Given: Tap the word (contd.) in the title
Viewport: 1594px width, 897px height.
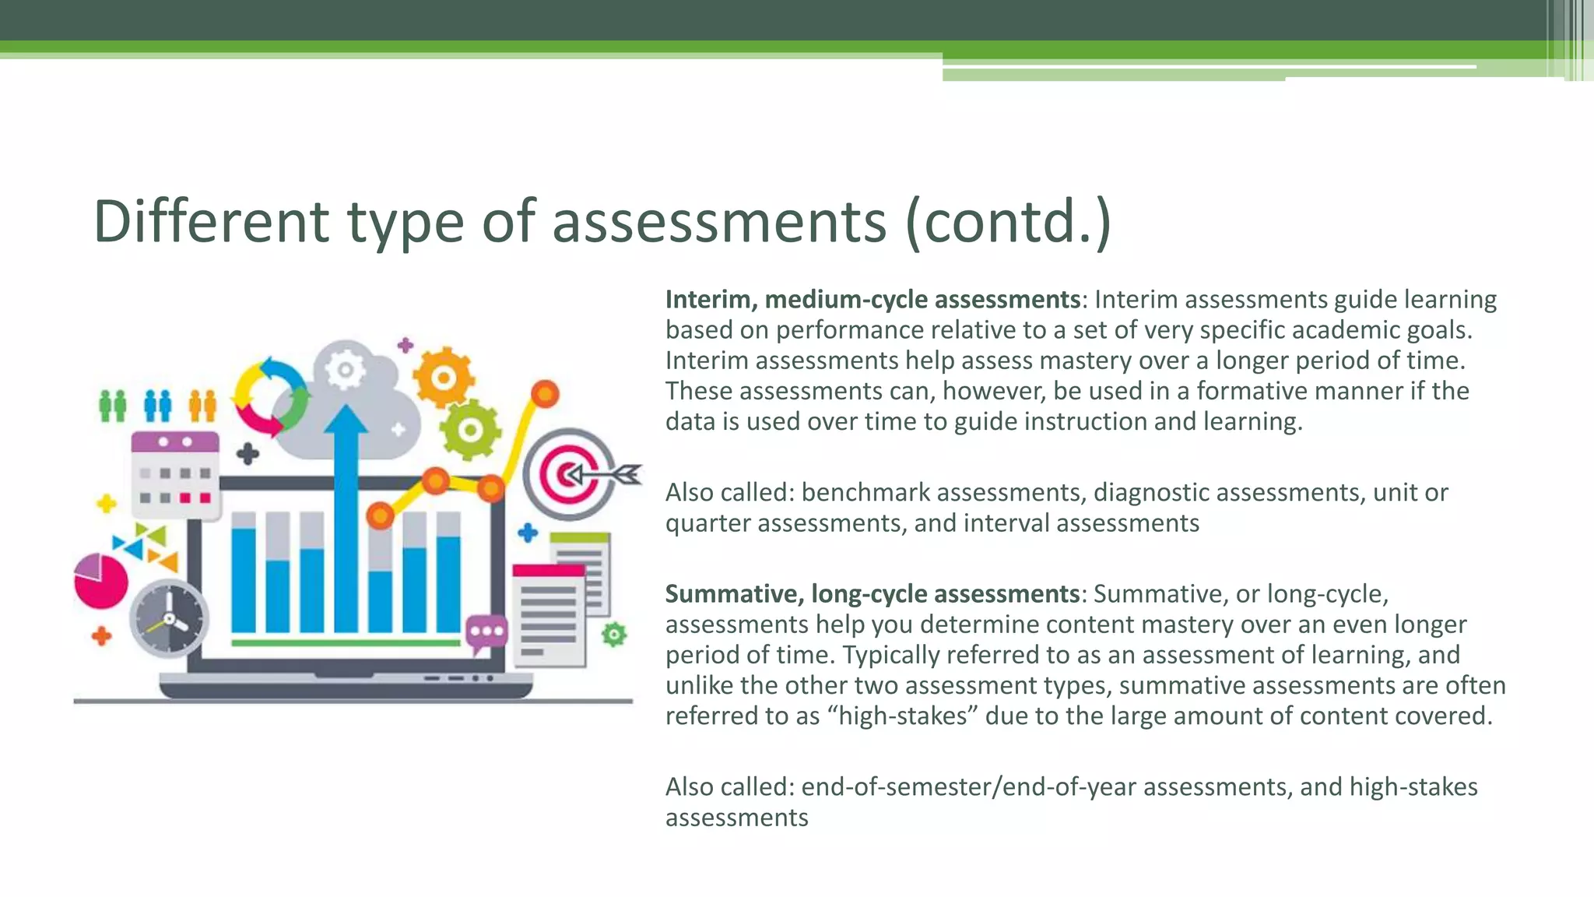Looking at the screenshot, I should point(1008,223).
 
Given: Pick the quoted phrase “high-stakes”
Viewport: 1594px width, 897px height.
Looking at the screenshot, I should point(902,716).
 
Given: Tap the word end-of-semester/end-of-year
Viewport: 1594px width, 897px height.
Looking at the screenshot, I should point(968,787).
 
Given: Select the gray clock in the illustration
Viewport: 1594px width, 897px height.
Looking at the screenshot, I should point(169,620).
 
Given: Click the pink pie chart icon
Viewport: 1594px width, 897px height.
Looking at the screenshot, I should point(100,581).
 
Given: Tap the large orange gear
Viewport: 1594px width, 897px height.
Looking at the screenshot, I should point(443,378).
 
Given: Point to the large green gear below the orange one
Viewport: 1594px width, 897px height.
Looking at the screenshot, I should point(469,429).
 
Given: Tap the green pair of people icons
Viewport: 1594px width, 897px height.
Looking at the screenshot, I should point(113,406).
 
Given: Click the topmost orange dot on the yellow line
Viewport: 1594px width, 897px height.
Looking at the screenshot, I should point(545,394).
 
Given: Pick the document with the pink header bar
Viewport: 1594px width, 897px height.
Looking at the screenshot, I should point(549,615).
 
